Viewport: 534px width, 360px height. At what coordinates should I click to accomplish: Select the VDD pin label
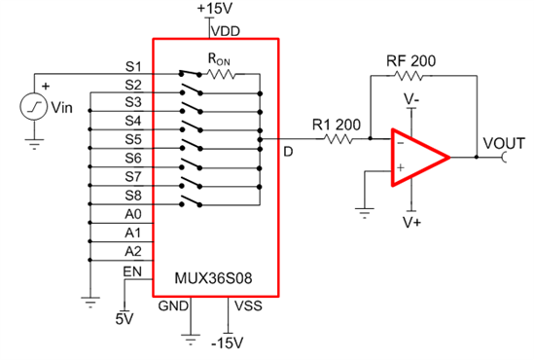point(226,30)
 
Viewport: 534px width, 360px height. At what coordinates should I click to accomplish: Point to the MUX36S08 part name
point(214,277)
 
